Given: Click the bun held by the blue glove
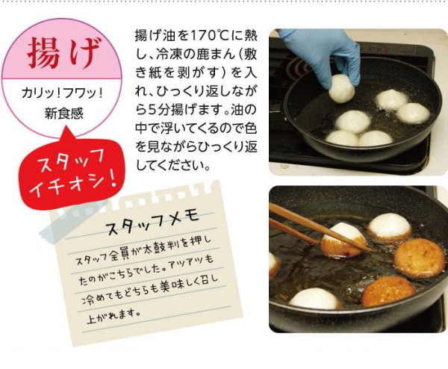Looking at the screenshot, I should (341, 88).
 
